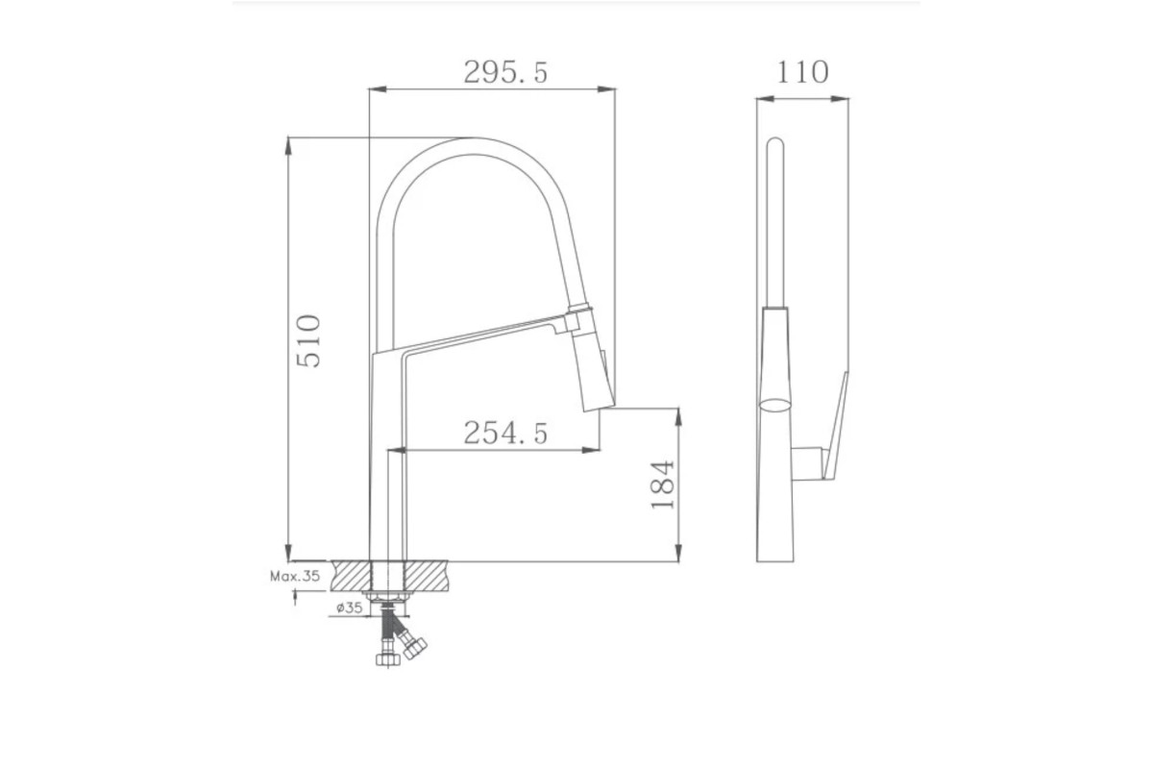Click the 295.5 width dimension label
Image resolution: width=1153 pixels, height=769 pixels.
pos(505,72)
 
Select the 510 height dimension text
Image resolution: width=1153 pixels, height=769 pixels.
pos(308,341)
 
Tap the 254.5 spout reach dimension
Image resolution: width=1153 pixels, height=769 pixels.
pos(505,433)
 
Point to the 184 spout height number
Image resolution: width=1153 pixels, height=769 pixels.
pos(662,485)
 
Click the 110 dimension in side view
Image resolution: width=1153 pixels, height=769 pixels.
pos(802,72)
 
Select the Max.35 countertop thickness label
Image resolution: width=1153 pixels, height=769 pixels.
pos(295,576)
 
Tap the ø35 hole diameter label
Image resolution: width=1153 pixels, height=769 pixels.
pos(350,608)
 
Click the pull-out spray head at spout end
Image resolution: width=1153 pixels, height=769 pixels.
pos(592,360)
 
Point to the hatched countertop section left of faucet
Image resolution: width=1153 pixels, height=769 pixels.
pos(351,576)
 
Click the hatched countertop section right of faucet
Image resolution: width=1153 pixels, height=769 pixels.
pos(427,576)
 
